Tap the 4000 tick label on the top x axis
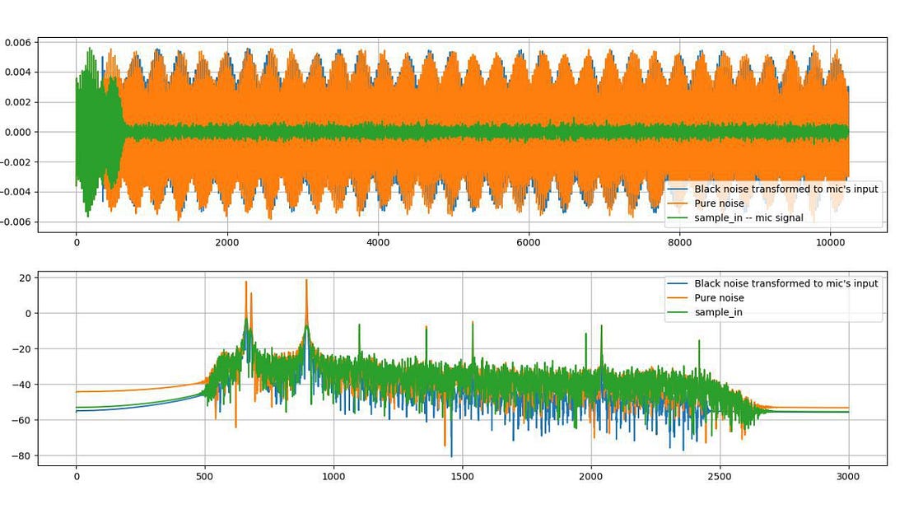(x=377, y=243)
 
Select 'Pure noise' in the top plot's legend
(x=719, y=203)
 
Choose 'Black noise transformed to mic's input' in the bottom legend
(x=786, y=283)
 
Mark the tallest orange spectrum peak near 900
(x=306, y=280)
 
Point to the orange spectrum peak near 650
(x=245, y=282)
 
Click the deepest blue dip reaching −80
(x=451, y=455)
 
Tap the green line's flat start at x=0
(x=77, y=407)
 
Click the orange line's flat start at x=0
(x=77, y=391)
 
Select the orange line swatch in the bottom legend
(x=677, y=298)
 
